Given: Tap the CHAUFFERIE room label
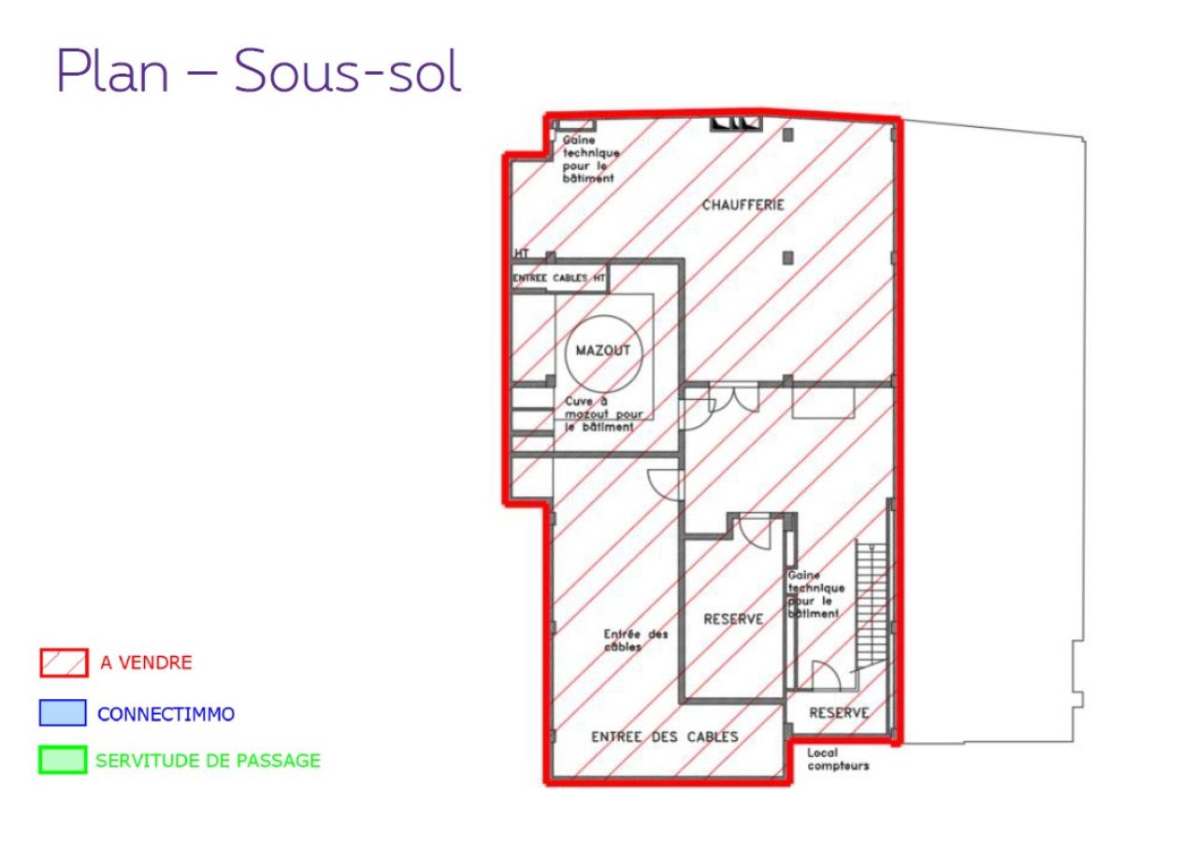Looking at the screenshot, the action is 743,206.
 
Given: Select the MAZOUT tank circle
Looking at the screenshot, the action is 603,351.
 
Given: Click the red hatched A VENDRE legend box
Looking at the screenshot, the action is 64,664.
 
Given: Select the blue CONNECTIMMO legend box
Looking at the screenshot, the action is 64,714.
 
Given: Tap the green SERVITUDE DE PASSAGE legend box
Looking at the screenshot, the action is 64,761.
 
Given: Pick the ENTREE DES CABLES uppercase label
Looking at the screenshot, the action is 665,736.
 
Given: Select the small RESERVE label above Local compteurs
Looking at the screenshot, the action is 839,713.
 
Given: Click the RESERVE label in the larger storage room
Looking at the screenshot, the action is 733,620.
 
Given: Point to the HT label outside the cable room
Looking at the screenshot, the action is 521,253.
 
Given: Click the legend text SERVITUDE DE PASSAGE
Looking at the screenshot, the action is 208,761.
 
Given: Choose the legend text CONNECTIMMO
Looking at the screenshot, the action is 166,714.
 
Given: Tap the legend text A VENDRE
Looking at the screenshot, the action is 146,664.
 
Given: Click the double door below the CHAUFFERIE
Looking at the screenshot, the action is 734,396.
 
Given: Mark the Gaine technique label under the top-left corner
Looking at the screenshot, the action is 587,159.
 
